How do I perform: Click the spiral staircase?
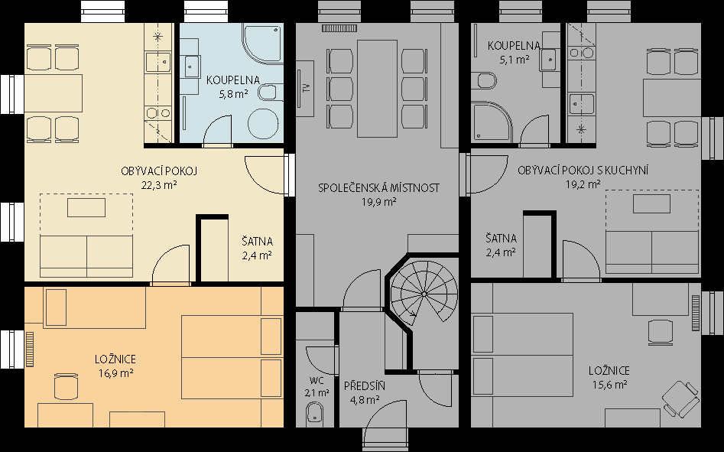[x=424, y=294]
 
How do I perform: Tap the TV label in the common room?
[x=306, y=89]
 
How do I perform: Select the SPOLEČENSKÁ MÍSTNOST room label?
[x=378, y=188]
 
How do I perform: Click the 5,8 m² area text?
[x=233, y=94]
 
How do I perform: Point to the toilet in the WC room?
[x=315, y=412]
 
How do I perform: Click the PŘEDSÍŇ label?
[x=365, y=386]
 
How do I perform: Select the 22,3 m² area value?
[x=159, y=185]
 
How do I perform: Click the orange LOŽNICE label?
[x=115, y=359]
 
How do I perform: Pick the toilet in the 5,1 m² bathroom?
[x=487, y=81]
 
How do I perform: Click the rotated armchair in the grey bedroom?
[x=680, y=398]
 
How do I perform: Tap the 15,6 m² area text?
[x=609, y=385]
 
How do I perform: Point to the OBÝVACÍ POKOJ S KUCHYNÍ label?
[x=583, y=171]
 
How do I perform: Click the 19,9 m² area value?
[x=378, y=202]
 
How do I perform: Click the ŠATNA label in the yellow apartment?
[x=257, y=242]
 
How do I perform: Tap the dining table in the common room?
[x=377, y=89]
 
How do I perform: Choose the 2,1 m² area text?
[x=317, y=393]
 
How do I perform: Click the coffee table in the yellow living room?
[x=86, y=207]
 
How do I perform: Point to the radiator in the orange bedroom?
[x=30, y=349]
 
